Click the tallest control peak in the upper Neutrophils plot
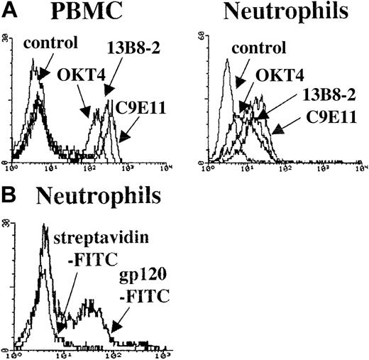click(226, 61)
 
